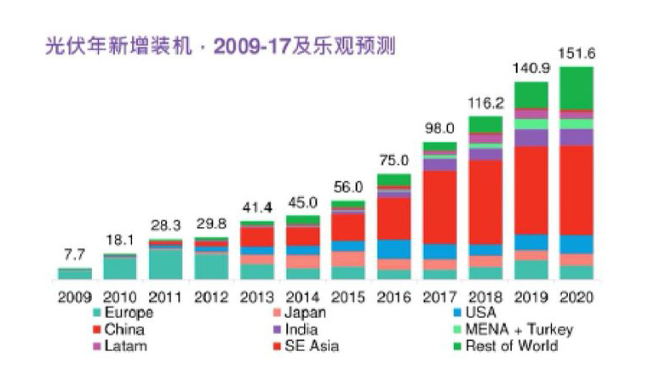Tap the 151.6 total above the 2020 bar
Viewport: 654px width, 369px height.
(x=576, y=54)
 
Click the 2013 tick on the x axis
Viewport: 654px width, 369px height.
(x=256, y=297)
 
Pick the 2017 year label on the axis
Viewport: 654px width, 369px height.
(x=439, y=297)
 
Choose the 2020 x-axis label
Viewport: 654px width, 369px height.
(x=577, y=297)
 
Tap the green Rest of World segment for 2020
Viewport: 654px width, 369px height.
(x=577, y=88)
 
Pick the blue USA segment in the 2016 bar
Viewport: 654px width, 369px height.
(x=393, y=249)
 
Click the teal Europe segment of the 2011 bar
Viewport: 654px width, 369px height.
(x=165, y=264)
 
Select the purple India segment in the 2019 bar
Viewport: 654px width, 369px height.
(x=531, y=138)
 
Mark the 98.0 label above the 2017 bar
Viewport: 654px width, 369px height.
(x=439, y=128)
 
